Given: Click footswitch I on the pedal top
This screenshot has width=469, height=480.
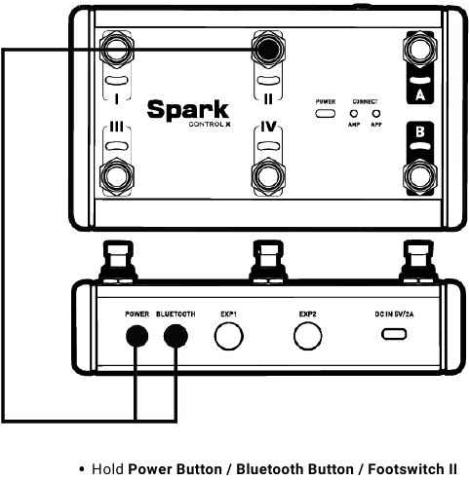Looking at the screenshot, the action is coord(117,50).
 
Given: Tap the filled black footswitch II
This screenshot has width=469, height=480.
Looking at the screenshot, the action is coord(268,50).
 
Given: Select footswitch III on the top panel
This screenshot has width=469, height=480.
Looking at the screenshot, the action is coord(117,177).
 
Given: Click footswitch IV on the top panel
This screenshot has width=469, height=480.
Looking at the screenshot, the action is coord(268,177).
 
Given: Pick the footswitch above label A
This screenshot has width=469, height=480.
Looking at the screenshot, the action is coord(419,50).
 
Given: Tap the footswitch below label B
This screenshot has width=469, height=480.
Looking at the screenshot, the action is coord(419,177).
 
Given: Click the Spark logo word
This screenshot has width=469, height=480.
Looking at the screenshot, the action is coord(188,110).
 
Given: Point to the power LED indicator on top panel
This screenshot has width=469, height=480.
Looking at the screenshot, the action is coord(325,114).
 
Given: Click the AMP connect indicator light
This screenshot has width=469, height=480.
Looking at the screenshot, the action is coord(353,114).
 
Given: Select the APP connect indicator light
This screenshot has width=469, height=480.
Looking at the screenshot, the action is coord(376,114).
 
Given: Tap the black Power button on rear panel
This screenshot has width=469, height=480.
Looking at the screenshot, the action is coord(137,336).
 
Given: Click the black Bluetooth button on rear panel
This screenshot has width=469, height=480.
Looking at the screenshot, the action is coord(176,336).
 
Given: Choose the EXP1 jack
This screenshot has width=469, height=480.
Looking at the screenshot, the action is coord(229,336).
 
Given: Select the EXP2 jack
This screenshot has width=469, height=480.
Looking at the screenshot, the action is coord(307,336).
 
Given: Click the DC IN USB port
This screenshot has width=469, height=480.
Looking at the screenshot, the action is coord(394,334).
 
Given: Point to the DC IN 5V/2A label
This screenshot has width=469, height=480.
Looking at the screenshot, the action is coord(394,314).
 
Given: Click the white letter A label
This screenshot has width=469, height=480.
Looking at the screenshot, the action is coord(420,95).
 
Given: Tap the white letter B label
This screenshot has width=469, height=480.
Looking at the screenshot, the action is coord(420,131).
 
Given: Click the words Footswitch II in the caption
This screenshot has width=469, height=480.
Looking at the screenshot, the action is coord(412,469).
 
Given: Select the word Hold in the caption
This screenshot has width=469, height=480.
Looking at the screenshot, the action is coord(107,469).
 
